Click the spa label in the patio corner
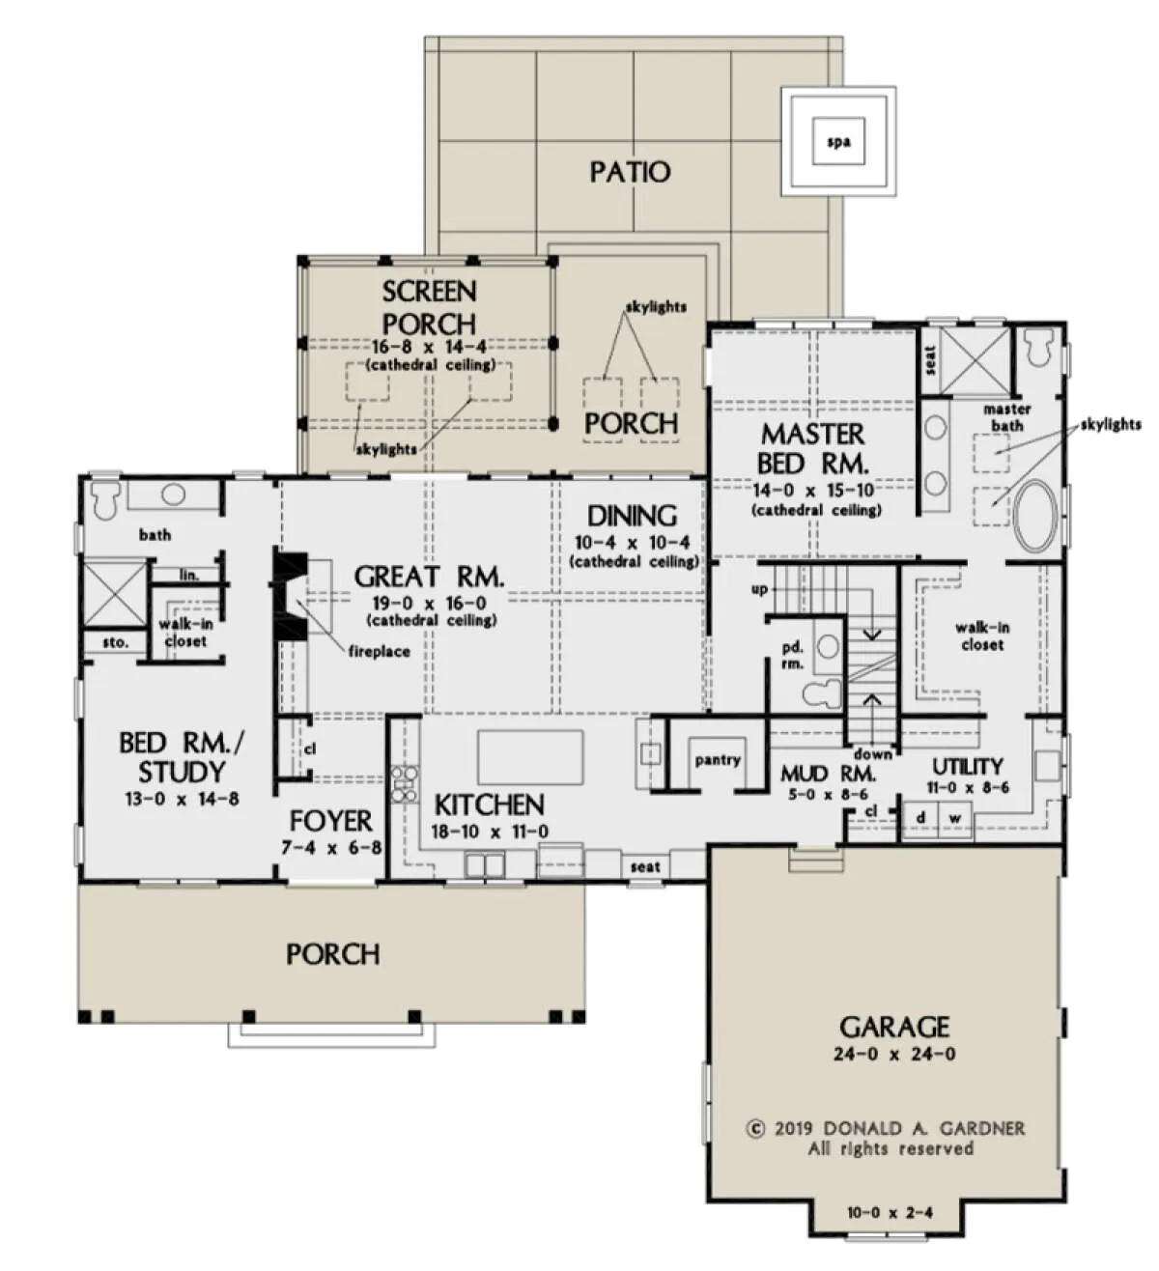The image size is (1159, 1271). [x=838, y=142]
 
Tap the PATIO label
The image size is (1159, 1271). [x=630, y=172]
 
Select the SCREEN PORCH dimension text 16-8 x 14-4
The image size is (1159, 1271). [x=430, y=348]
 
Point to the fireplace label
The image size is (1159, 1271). [x=380, y=651]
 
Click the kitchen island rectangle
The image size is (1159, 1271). [x=529, y=757]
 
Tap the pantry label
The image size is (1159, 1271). [x=718, y=760]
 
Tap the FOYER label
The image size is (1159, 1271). [x=330, y=821]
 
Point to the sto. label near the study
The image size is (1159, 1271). [x=115, y=642]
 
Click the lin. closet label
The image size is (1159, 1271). [x=189, y=576]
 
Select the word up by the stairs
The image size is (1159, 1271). [x=759, y=589]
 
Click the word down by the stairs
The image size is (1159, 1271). [x=872, y=754]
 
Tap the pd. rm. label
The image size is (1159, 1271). [x=793, y=656]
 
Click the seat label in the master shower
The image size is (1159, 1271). [x=930, y=360]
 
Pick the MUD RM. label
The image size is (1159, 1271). [x=829, y=774]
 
